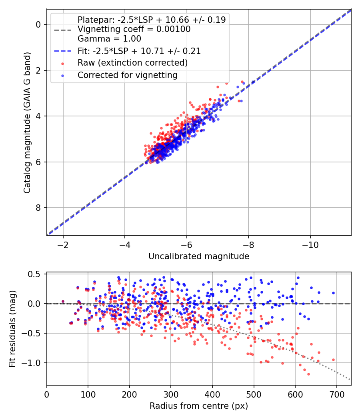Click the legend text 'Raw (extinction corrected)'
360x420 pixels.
pos(132,63)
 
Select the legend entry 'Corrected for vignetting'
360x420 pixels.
pos(128,75)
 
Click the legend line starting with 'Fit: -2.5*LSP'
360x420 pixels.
pos(139,51)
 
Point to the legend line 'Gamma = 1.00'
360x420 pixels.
pos(109,39)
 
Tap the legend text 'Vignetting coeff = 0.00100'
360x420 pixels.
pos(134,29)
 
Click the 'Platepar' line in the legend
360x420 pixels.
pos(152,20)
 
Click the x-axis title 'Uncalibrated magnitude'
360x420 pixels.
pos(199,256)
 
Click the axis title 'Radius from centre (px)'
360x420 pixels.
pos(199,406)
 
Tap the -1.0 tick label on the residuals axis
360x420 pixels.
pos(34,363)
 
